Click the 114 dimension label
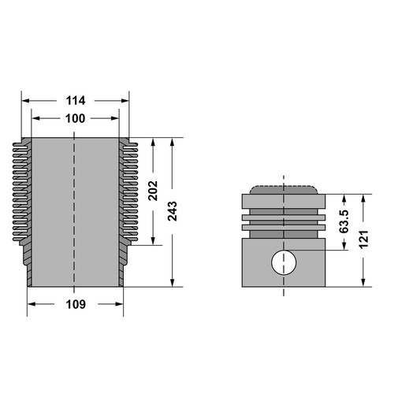point(76,101)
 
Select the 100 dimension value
point(76,118)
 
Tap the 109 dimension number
point(76,304)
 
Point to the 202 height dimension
point(153,191)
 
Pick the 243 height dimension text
point(173,211)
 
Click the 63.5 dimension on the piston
point(344,221)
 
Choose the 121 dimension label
point(364,240)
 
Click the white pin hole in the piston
point(284,262)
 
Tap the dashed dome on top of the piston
point(284,190)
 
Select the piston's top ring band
point(284,202)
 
